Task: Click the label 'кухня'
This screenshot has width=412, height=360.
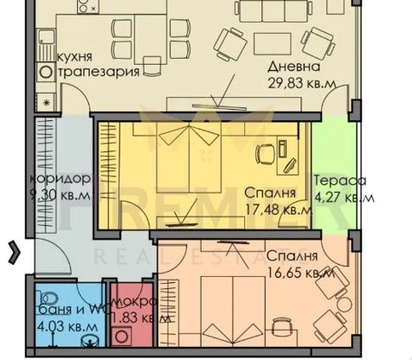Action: pos(75,57)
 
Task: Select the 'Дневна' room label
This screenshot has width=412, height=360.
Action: pos(292,67)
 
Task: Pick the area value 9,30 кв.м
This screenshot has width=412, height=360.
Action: pos(60,195)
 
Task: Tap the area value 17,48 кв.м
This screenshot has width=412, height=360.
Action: pos(279,209)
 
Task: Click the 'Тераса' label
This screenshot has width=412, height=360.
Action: pos(341,181)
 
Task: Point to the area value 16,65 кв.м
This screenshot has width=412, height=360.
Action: pos(300,273)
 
